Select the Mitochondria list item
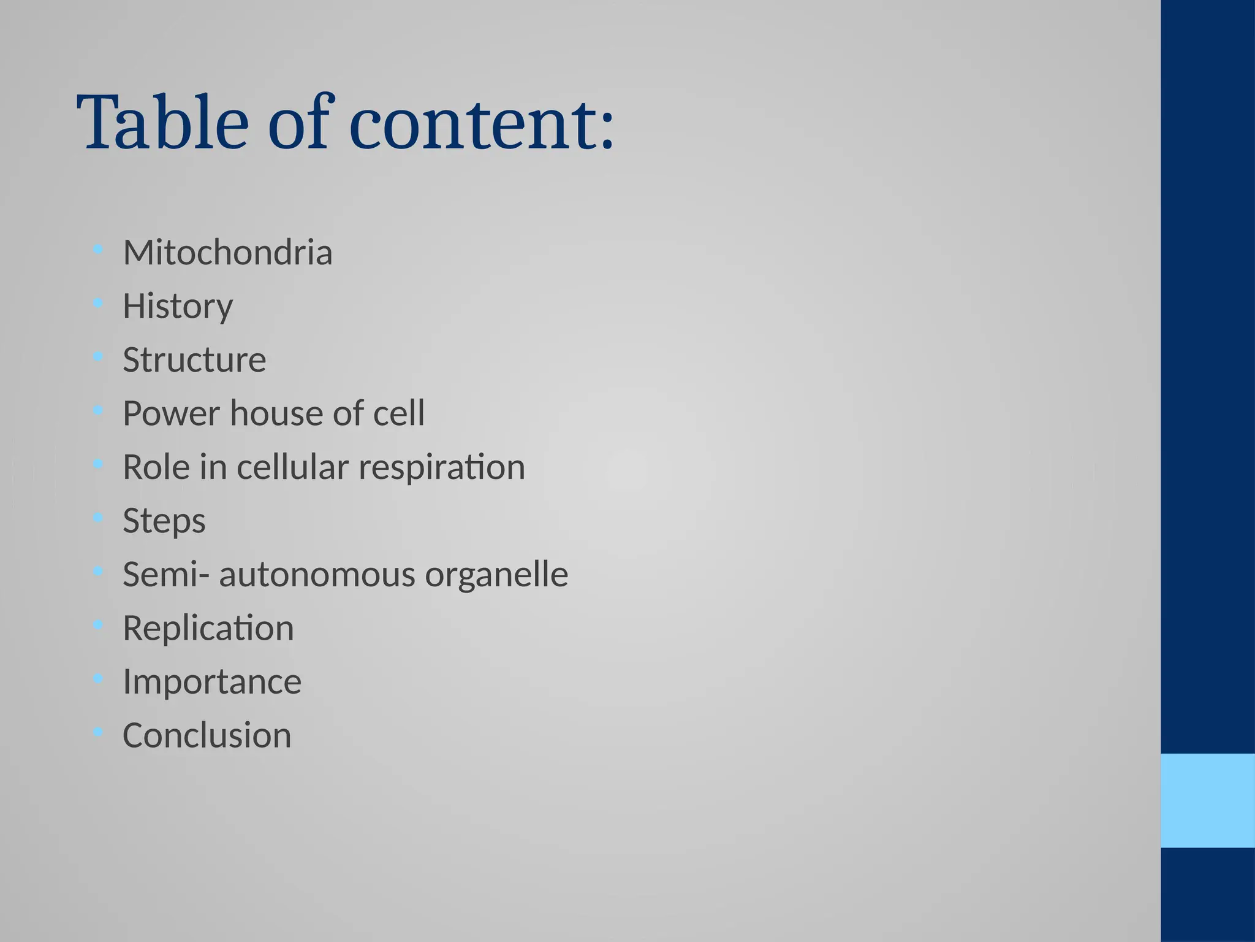tap(227, 252)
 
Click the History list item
tap(178, 306)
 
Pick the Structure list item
tap(194, 359)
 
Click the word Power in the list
tap(171, 413)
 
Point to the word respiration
tap(441, 467)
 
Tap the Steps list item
tap(164, 521)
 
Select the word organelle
tap(496, 574)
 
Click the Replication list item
tap(208, 628)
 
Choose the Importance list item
tap(212, 681)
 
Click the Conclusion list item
tap(207, 735)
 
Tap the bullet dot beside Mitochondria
tap(97, 249)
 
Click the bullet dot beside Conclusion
tap(97, 732)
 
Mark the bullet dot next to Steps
tap(97, 518)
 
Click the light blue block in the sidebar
tap(1208, 800)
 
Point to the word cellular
tap(292, 467)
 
